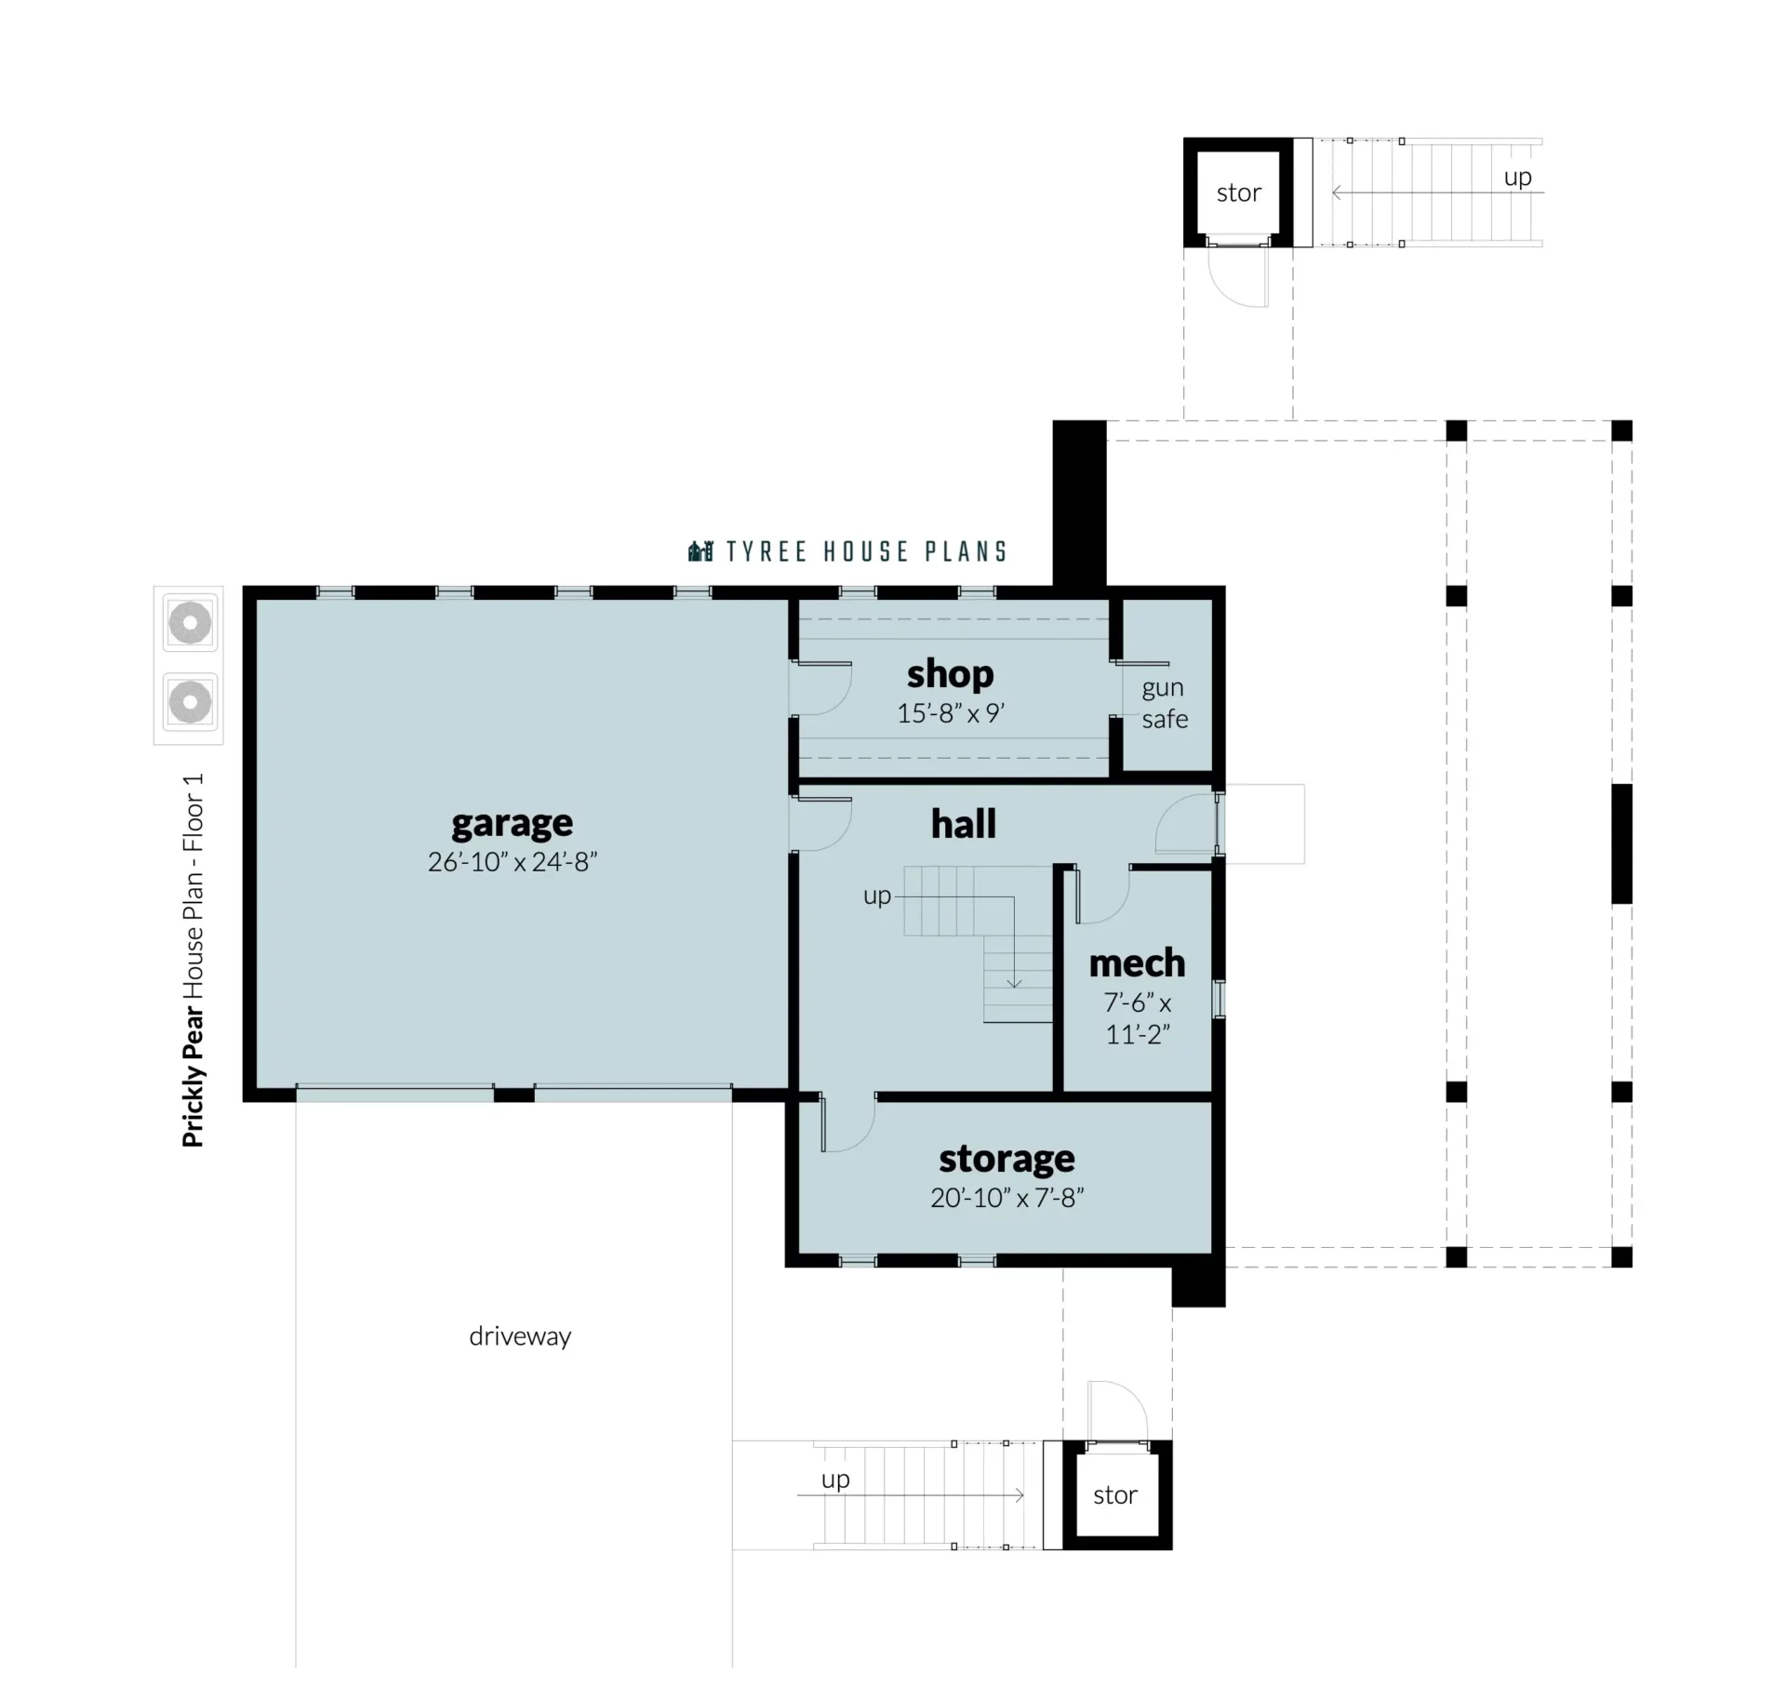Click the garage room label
click(x=512, y=824)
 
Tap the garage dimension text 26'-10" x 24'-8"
click(x=512, y=862)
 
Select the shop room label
click(x=950, y=674)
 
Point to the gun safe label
click(x=1165, y=703)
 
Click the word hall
click(x=964, y=824)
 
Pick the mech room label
click(x=1137, y=963)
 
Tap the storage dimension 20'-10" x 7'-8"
click(x=1007, y=1198)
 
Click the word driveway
click(x=520, y=1337)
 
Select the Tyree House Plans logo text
click(x=847, y=551)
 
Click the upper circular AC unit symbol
click(x=190, y=623)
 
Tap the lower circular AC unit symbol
click(x=190, y=702)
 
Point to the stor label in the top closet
click(x=1239, y=193)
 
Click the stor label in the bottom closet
click(x=1115, y=1495)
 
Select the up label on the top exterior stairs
click(x=1518, y=178)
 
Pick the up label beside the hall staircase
click(x=877, y=896)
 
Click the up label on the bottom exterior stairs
click(x=835, y=1480)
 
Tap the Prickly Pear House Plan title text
click(x=193, y=960)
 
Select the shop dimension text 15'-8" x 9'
click(x=951, y=713)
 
